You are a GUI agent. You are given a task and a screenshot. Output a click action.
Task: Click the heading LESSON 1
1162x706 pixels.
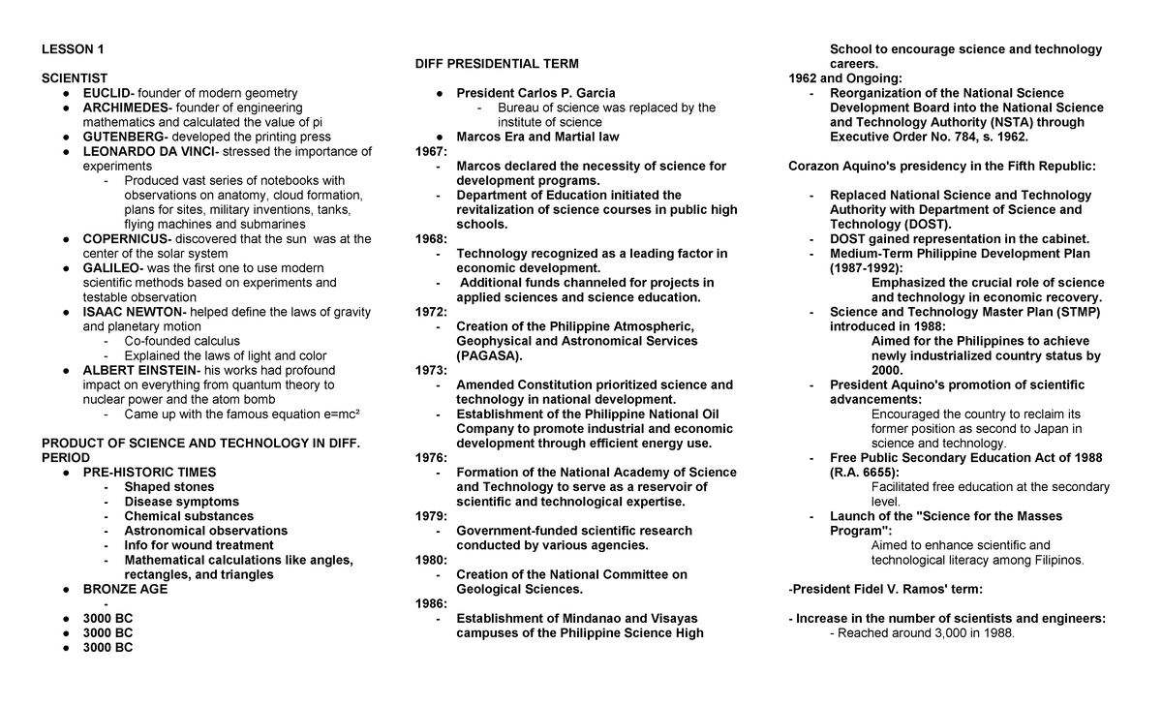[x=73, y=49]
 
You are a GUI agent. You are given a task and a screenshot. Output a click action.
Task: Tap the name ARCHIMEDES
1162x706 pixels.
[x=125, y=107]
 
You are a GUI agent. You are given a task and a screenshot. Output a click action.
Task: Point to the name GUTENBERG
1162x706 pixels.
[x=122, y=137]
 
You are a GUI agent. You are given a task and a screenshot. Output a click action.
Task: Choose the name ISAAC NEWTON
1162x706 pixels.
[x=133, y=312]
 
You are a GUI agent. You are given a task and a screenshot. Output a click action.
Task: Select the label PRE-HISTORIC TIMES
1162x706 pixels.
[x=149, y=473]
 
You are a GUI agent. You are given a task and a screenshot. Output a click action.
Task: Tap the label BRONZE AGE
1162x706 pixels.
[x=125, y=589]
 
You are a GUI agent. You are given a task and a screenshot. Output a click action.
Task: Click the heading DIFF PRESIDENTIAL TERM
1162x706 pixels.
[x=497, y=64]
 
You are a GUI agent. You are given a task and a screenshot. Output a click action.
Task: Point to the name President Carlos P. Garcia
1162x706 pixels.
[x=535, y=93]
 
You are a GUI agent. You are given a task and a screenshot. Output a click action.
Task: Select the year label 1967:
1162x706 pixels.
[x=431, y=151]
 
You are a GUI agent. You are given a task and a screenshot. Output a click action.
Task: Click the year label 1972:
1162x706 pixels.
[x=431, y=312]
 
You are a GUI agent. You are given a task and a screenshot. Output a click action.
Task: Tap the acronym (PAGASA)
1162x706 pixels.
[x=489, y=355]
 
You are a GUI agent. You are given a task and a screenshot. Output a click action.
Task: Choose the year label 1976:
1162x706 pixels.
[x=431, y=458]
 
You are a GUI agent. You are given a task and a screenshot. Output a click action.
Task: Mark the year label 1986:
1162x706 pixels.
[x=431, y=603]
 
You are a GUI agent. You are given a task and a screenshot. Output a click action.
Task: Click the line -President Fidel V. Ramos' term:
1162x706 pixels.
[x=886, y=589]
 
